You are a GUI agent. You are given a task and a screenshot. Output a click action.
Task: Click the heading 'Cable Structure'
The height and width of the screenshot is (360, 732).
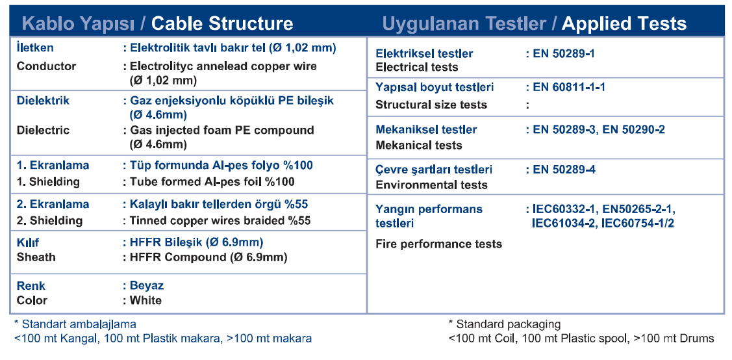tap(222, 23)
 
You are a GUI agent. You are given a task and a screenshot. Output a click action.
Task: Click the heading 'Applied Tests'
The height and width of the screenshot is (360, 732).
tap(624, 23)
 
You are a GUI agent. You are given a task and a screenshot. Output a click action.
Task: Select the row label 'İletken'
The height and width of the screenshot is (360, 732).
tap(35, 47)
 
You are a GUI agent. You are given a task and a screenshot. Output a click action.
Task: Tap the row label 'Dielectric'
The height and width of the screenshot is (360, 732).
tap(43, 130)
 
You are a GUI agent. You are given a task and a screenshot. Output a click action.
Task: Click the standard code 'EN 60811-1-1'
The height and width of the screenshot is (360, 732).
tap(569, 87)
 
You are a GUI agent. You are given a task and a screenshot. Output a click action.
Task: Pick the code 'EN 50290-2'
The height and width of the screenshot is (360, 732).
tap(633, 129)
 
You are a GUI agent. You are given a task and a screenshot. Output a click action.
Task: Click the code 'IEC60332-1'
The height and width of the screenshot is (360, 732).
tap(563, 209)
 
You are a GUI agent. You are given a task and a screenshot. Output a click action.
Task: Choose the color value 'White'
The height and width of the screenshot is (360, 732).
tap(145, 300)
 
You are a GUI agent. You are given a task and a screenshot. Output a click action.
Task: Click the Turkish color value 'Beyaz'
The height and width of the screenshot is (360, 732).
tap(147, 286)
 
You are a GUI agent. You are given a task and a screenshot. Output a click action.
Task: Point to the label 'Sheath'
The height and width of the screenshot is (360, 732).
tap(36, 257)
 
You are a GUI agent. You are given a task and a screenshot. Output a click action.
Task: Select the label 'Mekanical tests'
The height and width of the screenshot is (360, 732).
tap(419, 146)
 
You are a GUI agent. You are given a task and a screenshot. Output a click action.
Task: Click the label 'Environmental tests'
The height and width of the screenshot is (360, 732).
tap(431, 185)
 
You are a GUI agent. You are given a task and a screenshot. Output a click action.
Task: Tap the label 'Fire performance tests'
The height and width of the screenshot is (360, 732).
tap(439, 244)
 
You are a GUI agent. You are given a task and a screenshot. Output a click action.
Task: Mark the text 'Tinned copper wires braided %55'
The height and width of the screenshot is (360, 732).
tap(220, 220)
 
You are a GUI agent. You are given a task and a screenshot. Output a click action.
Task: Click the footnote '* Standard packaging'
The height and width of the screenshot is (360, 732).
tap(504, 324)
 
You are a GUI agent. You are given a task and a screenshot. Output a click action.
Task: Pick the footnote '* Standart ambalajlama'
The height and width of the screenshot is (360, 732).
tap(75, 324)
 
